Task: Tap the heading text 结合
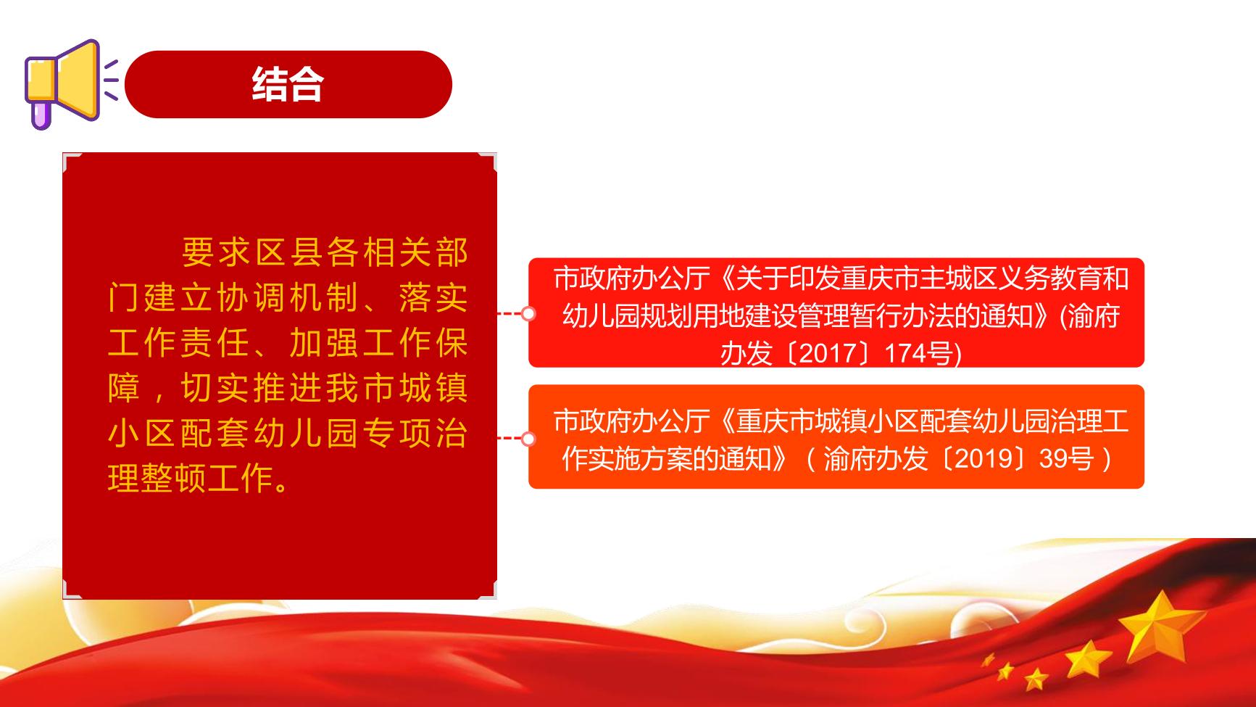288,85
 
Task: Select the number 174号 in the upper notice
918,353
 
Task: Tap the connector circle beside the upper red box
528,313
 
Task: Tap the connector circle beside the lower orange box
528,438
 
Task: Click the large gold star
1160,628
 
